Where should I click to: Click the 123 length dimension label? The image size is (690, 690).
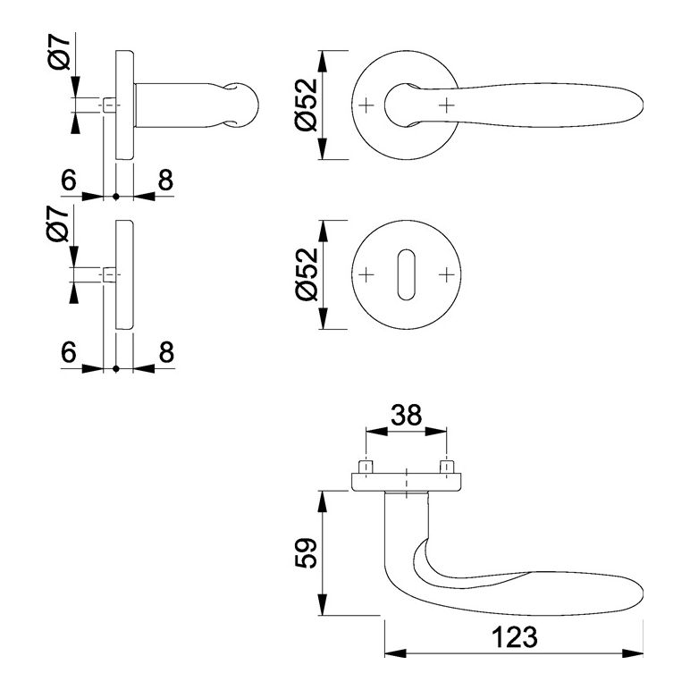coord(514,636)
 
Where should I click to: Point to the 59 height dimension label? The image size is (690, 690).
coord(306,552)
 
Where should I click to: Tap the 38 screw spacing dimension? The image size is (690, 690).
coord(406,415)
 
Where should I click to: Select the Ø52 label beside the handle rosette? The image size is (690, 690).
coord(307,105)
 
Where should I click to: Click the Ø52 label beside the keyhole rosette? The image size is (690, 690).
coord(307,274)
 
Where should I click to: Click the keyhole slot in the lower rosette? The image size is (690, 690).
coord(406,275)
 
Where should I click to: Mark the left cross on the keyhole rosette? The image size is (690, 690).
coord(366,275)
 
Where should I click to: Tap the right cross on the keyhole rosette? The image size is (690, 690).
coord(446,275)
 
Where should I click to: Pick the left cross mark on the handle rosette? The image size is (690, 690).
coord(366,105)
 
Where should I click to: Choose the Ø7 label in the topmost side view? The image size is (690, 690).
coord(59,53)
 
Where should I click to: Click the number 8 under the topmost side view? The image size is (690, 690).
coord(165,180)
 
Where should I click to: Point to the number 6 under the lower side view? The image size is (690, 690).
coord(69,352)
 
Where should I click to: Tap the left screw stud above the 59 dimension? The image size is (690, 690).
coord(366,467)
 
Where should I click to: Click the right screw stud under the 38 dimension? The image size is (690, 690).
coord(447,467)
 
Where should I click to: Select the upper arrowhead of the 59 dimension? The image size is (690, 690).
coord(323,501)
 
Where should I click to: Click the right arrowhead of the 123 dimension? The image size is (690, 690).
coord(633,653)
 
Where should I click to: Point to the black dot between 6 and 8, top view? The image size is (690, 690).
coord(115,197)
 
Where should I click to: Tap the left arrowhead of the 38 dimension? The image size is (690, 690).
coord(376,431)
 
